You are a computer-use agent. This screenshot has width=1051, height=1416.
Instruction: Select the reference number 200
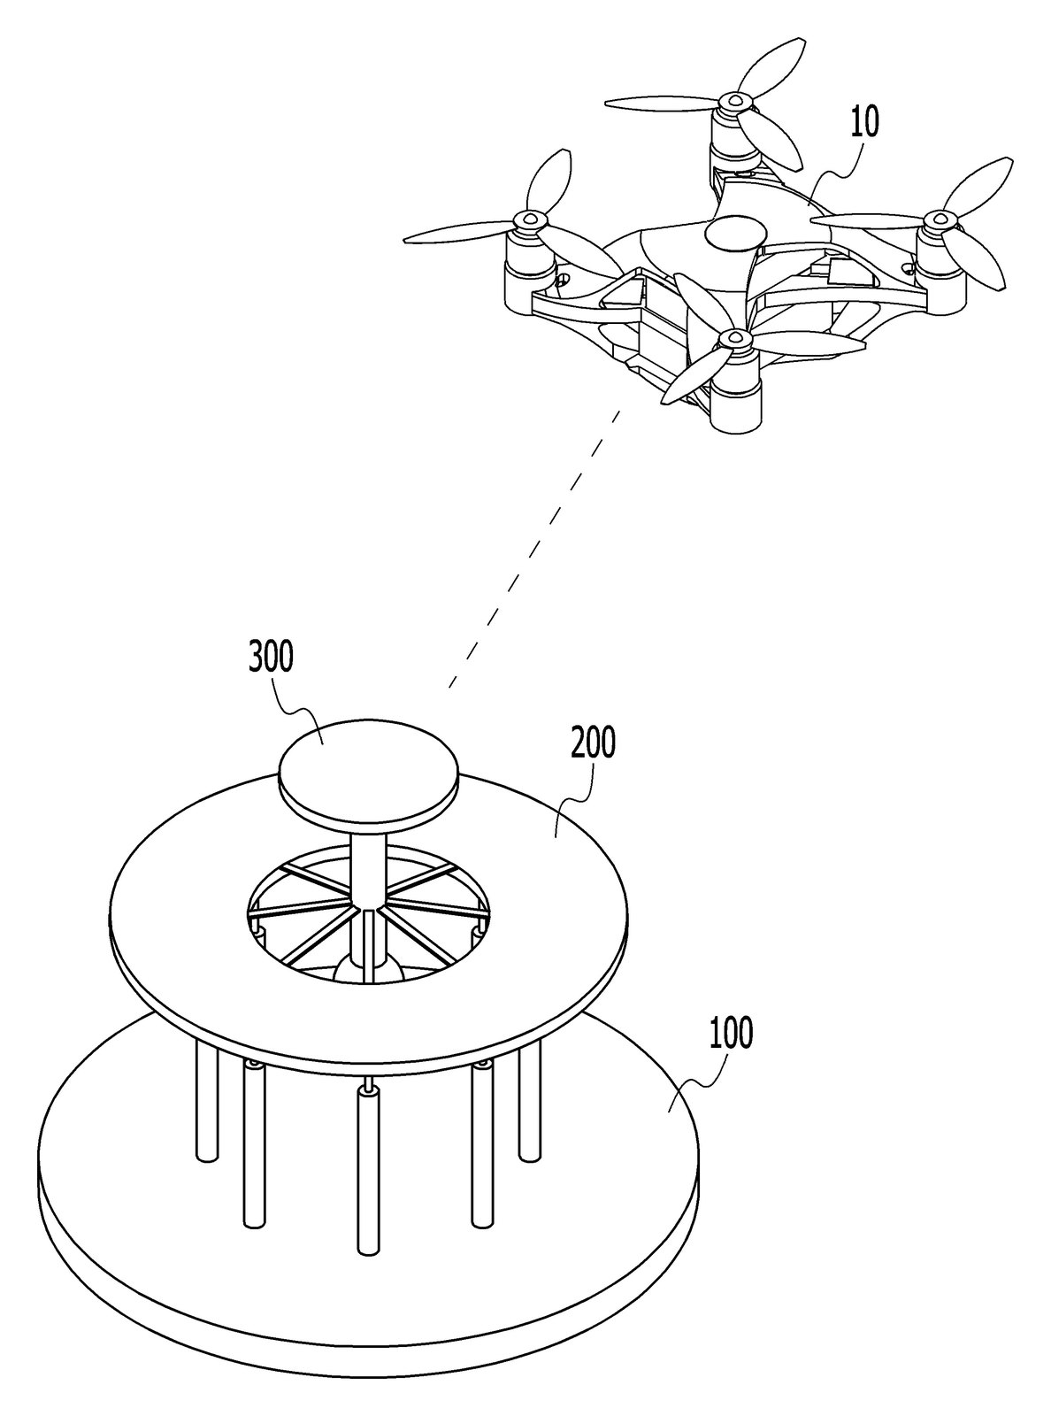coord(593,743)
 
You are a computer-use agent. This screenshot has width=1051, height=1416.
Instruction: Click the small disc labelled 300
coord(369,771)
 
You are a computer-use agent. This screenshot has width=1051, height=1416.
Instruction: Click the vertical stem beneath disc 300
coord(369,867)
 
